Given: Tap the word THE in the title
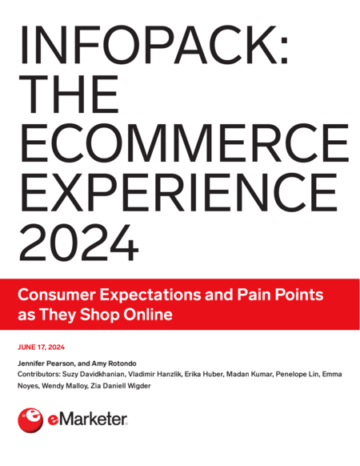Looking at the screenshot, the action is [x=69, y=94].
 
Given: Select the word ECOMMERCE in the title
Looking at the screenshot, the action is [x=184, y=143].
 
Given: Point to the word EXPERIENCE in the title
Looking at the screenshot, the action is [x=179, y=192].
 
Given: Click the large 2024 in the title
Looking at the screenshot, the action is [x=79, y=242].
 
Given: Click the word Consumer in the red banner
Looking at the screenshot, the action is [x=57, y=295].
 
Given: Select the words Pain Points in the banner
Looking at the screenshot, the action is [x=280, y=295].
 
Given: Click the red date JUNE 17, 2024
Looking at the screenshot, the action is [x=42, y=347].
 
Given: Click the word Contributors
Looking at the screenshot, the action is [x=38, y=374].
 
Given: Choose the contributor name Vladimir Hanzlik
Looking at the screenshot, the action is [x=154, y=374].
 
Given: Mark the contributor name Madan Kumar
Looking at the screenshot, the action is [x=250, y=374].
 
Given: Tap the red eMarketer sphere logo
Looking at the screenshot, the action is [x=30, y=420].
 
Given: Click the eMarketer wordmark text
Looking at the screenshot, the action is [x=88, y=420].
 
